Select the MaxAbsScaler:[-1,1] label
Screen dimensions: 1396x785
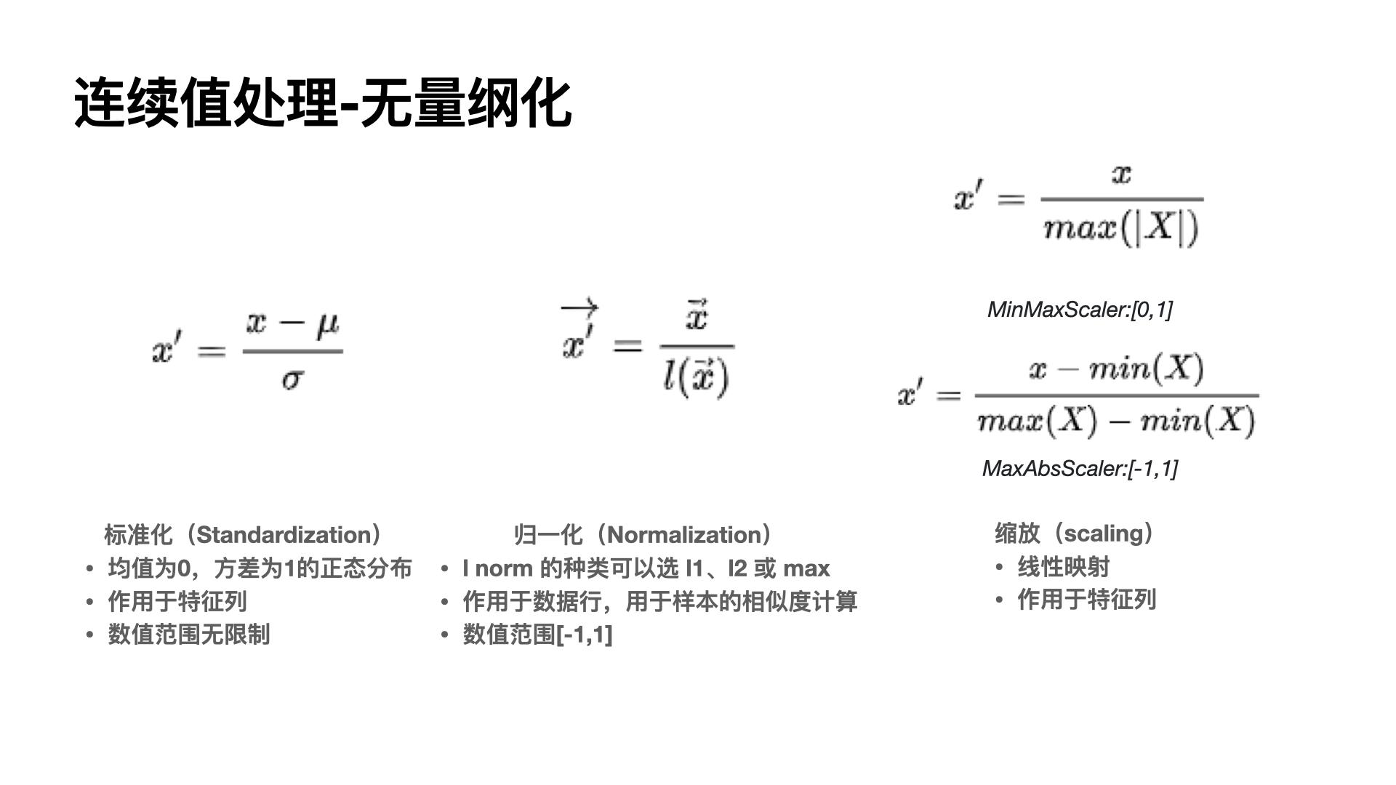1080,469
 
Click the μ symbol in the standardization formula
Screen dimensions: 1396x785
327,324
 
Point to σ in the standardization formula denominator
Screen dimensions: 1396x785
292,378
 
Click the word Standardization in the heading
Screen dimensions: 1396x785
284,535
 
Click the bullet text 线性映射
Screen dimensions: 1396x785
1063,567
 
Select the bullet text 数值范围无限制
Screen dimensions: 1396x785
188,634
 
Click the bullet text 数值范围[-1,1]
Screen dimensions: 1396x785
537,635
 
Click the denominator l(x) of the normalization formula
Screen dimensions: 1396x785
695,378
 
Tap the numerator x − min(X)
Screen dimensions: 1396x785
1116,369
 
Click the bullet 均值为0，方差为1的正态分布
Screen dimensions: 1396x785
260,568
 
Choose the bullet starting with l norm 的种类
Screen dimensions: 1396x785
646,568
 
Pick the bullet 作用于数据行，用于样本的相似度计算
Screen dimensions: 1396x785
659,601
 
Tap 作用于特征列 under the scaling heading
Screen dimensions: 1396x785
1086,600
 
